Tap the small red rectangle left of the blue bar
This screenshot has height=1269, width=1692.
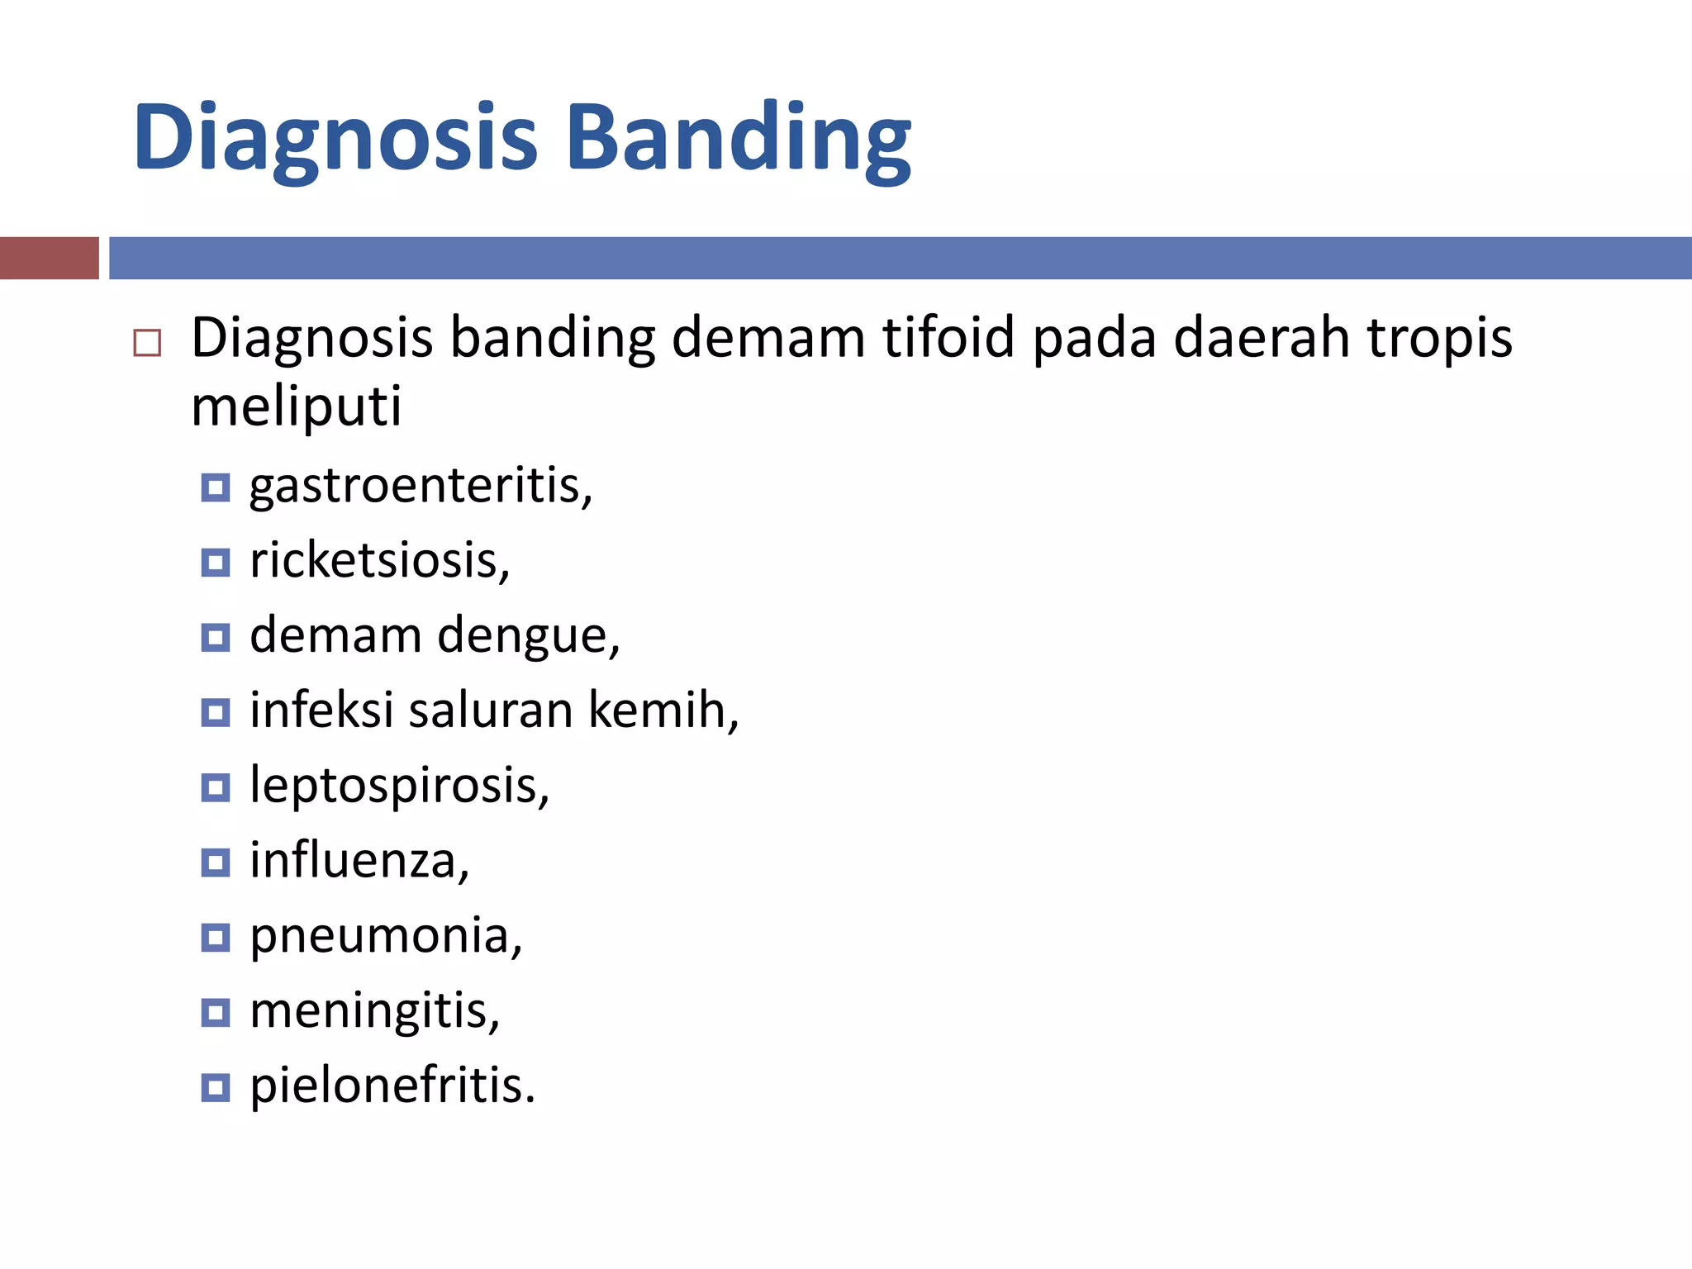tap(49, 258)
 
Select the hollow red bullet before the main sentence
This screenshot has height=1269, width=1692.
tap(147, 342)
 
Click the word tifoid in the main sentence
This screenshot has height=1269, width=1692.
tap(948, 338)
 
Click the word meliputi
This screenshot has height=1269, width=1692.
tap(296, 406)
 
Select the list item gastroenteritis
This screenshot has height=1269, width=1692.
tap(421, 486)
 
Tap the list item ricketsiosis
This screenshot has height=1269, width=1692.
tap(379, 561)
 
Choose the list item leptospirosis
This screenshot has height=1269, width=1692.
tap(399, 786)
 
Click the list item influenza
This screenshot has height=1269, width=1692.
tap(359, 861)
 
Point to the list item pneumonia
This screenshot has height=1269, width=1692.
tap(386, 936)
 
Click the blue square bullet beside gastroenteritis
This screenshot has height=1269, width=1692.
tap(215, 488)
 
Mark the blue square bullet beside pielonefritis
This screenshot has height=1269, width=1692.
tap(215, 1087)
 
